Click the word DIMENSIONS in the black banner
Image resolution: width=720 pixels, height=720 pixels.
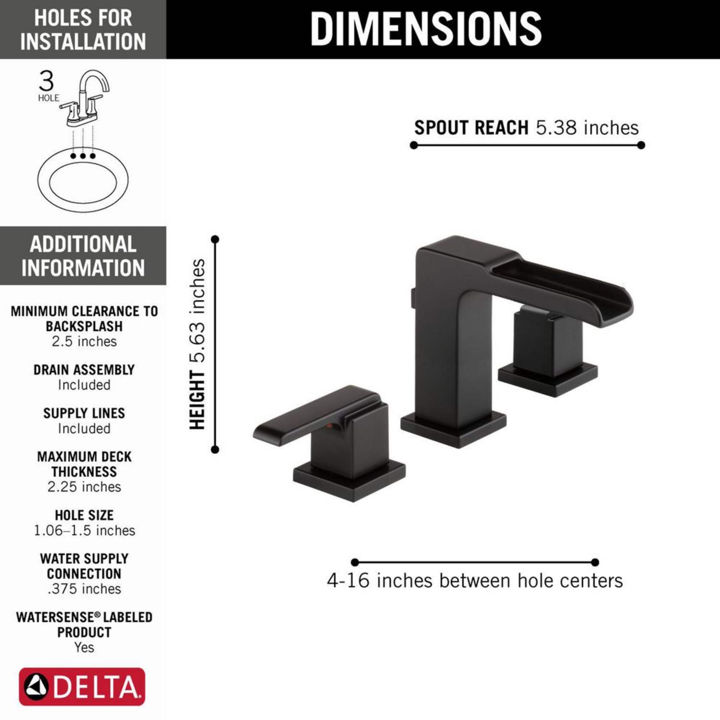[x=426, y=29]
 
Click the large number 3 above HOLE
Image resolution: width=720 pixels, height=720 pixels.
[x=46, y=81]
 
